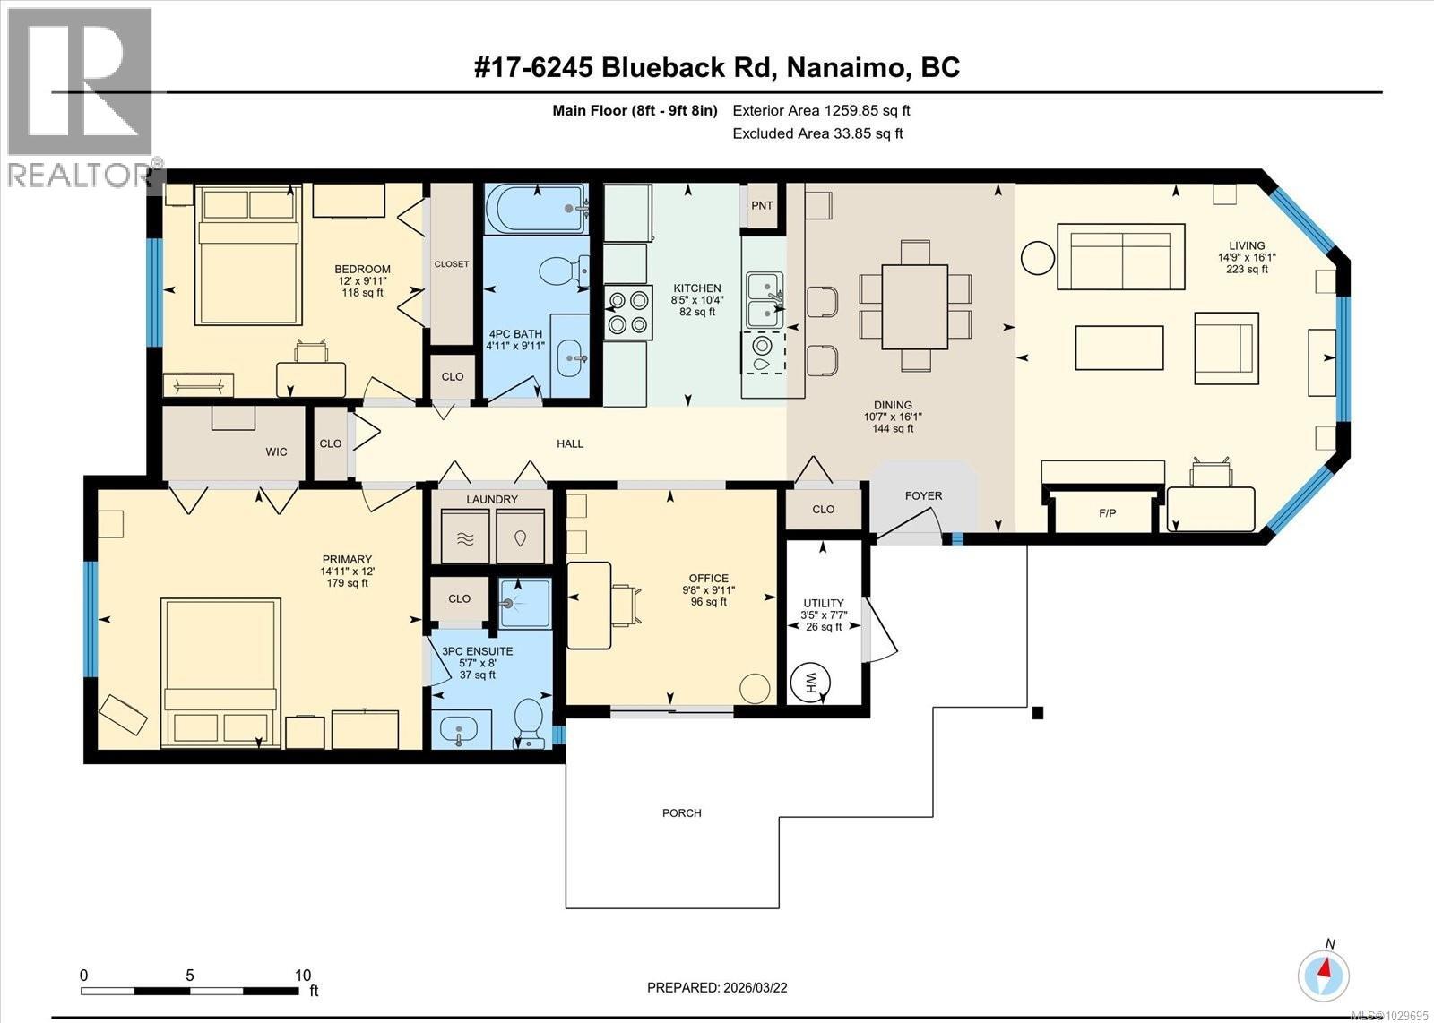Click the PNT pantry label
pyautogui.click(x=762, y=205)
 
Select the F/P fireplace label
pyautogui.click(x=1108, y=514)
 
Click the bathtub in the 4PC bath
pyautogui.click(x=536, y=208)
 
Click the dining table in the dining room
pyautogui.click(x=915, y=305)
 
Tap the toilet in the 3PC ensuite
pyautogui.click(x=529, y=721)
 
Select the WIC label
pyautogui.click(x=276, y=451)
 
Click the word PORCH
pyautogui.click(x=681, y=813)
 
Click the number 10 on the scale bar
pyautogui.click(x=303, y=976)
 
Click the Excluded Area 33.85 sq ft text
pyautogui.click(x=816, y=133)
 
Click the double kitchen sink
pyautogui.click(x=765, y=300)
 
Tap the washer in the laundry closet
pyautogui.click(x=465, y=537)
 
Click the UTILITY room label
pyautogui.click(x=823, y=603)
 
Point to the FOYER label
pyautogui.click(x=923, y=495)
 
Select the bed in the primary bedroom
pyautogui.click(x=220, y=673)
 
